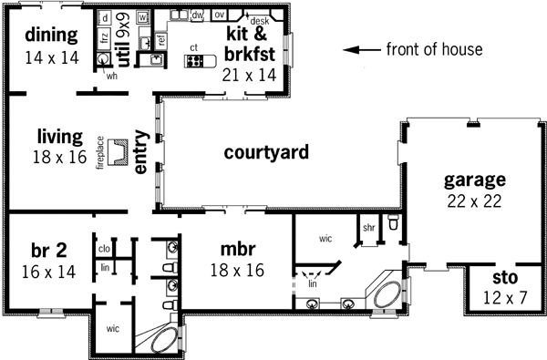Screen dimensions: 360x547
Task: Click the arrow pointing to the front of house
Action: click(367, 50)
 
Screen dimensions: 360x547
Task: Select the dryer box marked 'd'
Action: click(105, 18)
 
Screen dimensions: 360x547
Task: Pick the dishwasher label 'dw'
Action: click(196, 15)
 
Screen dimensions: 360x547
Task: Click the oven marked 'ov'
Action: click(219, 15)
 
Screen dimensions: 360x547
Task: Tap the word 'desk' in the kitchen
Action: click(259, 19)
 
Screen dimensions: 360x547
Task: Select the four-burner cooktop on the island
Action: click(194, 61)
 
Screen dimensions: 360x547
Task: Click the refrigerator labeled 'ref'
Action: click(161, 39)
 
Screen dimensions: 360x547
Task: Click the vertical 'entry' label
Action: click(141, 150)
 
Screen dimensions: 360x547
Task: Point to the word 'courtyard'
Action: click(266, 151)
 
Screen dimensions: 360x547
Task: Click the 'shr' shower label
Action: click(369, 227)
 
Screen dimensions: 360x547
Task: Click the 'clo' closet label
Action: click(104, 248)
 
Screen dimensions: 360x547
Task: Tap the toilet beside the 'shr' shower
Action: click(393, 223)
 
